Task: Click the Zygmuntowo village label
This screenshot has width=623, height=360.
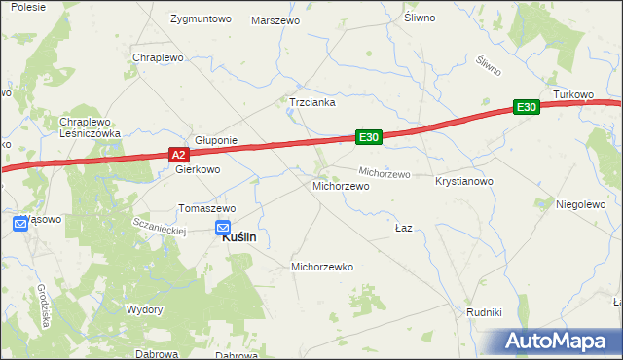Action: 200,18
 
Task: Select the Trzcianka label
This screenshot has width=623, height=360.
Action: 311,101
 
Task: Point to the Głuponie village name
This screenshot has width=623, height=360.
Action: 216,140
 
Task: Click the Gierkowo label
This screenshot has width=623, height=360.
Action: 198,168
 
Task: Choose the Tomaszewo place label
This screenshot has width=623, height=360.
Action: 206,208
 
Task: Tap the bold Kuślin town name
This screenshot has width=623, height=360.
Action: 239,236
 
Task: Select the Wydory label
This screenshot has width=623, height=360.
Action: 145,308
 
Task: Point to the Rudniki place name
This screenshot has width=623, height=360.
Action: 484,312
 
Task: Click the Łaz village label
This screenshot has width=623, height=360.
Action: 405,228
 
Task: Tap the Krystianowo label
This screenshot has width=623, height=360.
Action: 464,182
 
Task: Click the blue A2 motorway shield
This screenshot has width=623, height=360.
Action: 177,155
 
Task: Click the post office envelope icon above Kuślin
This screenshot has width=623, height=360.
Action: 222,227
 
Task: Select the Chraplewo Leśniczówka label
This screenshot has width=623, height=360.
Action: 89,127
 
